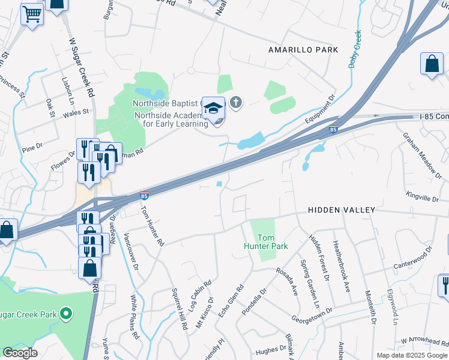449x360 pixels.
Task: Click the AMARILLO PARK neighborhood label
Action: coord(303,50)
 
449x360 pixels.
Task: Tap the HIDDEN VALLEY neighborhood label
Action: coord(342,210)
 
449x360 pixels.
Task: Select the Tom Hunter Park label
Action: coord(266,242)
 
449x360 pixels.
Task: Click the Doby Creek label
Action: coord(356,49)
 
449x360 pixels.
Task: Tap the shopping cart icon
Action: coord(32,13)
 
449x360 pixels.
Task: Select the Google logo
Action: coord(20,352)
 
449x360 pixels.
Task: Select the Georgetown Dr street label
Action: coord(312,310)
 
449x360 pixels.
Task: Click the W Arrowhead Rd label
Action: coord(425,341)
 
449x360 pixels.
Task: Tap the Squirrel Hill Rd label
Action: coord(179,308)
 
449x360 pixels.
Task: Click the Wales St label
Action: coord(76,112)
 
